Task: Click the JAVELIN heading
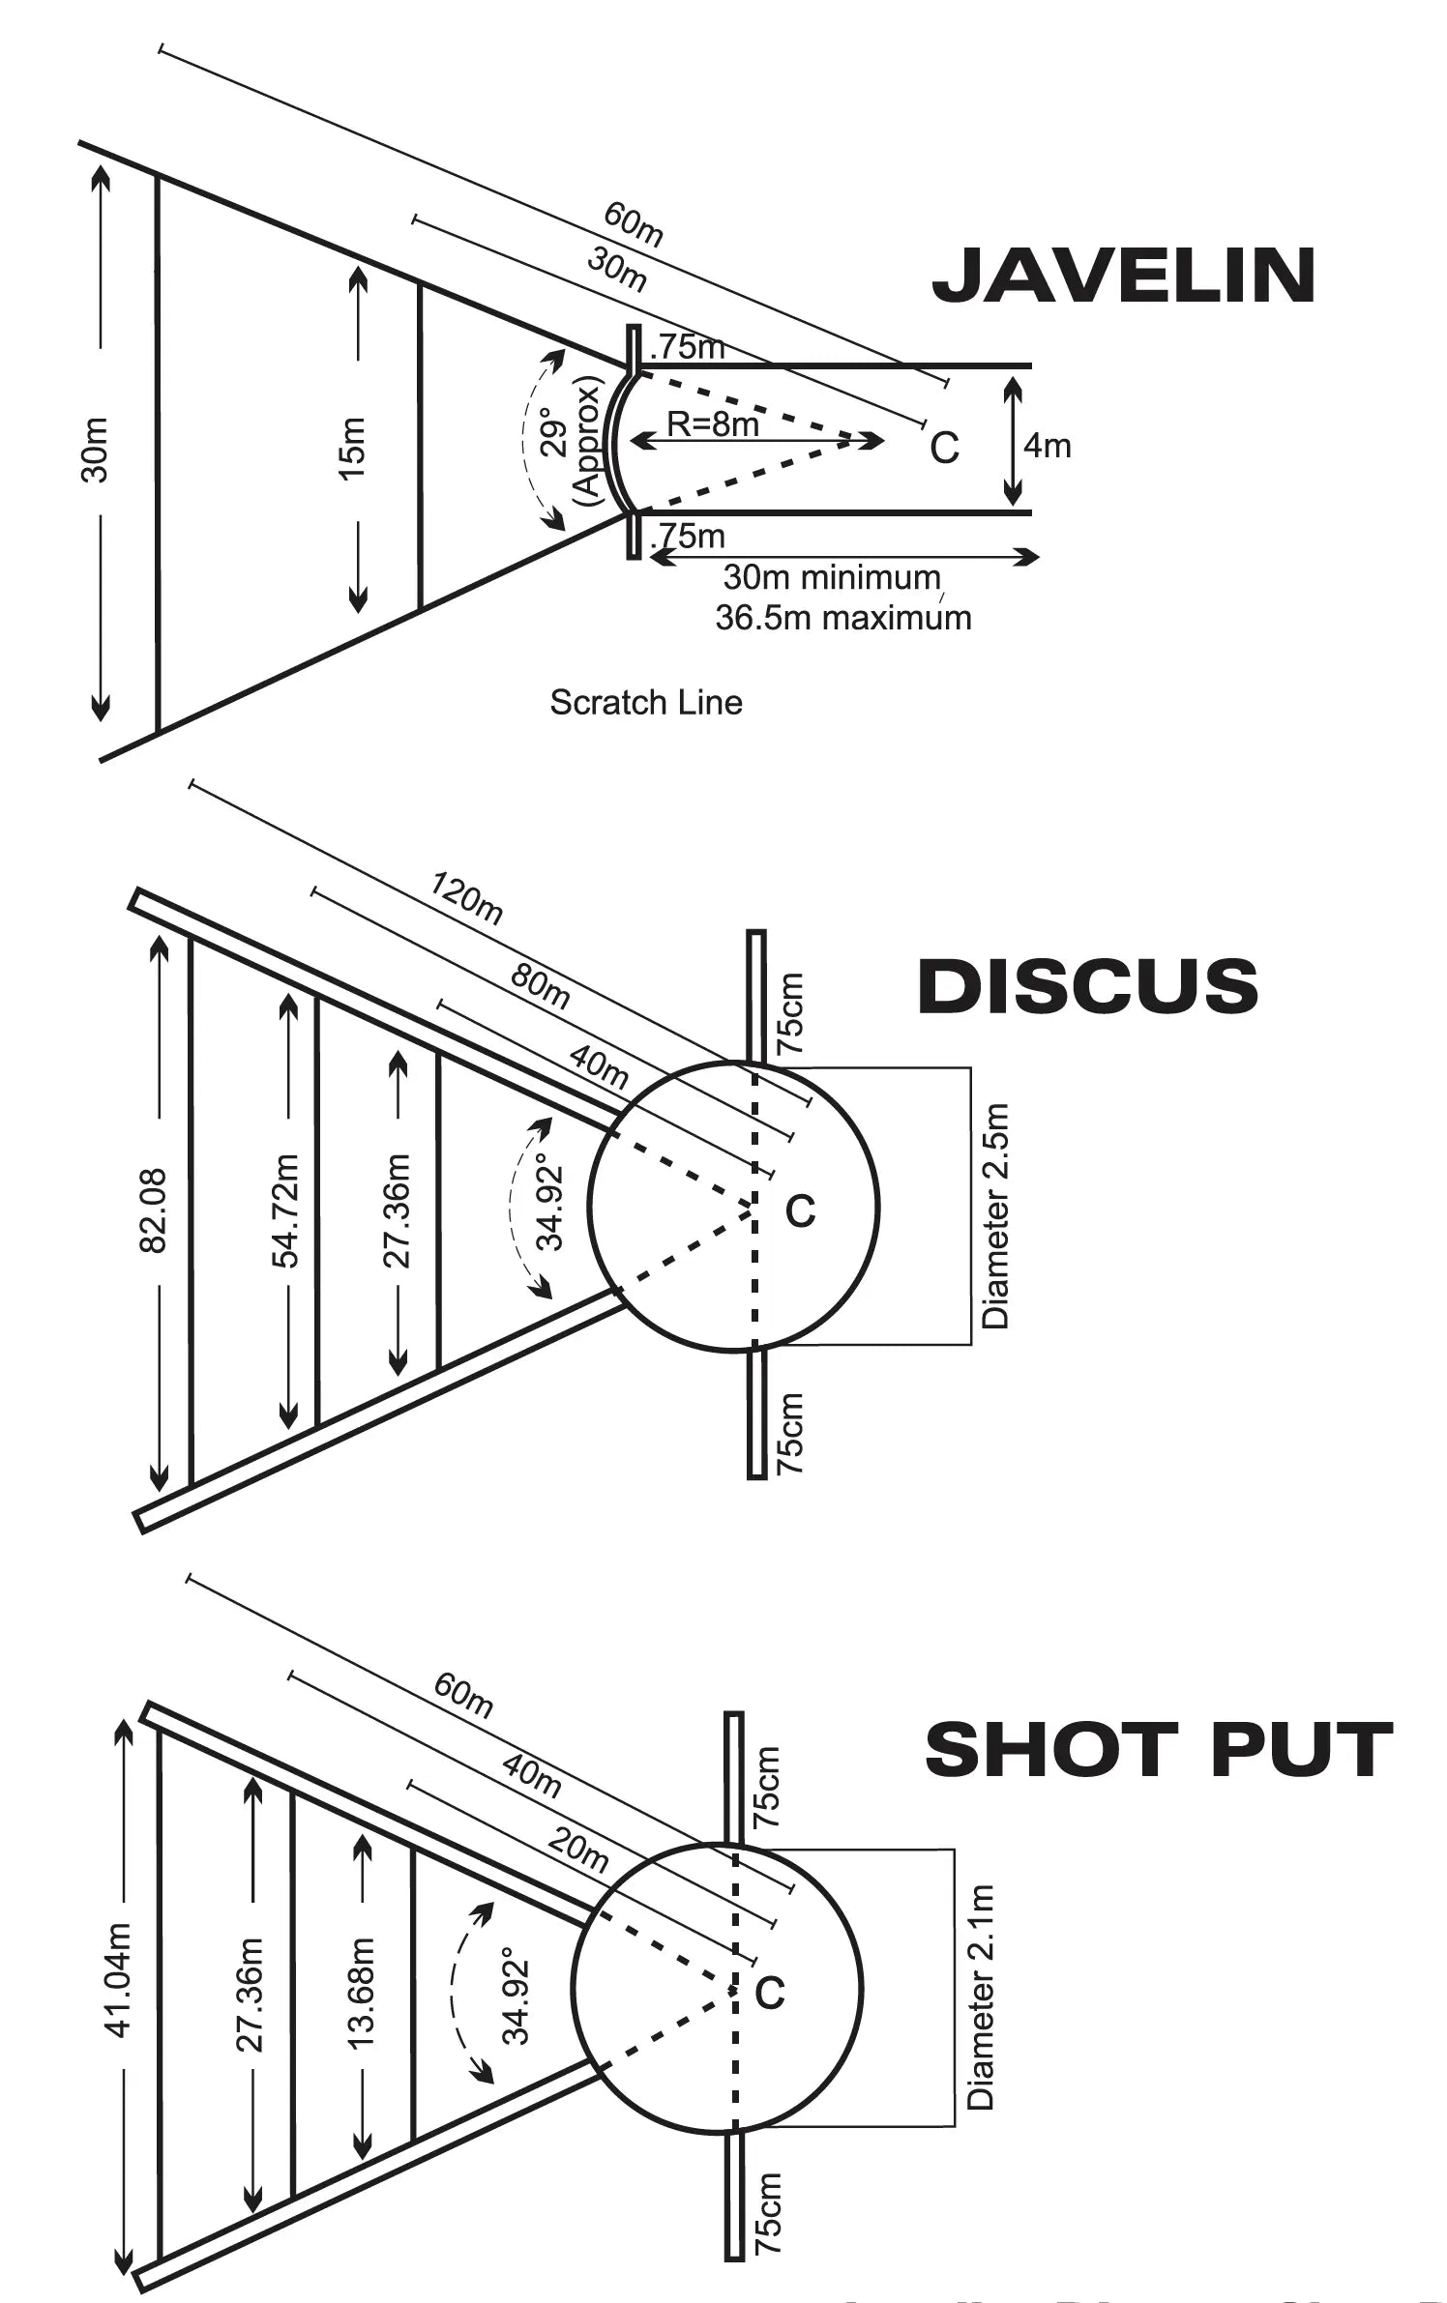(x=1123, y=276)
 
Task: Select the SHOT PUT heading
(x=1158, y=1750)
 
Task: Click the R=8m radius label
(x=712, y=423)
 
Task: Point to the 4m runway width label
(x=1048, y=446)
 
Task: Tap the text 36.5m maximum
(x=842, y=618)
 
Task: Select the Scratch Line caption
(x=646, y=702)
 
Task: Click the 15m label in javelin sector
(x=354, y=448)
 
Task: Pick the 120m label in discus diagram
(x=467, y=898)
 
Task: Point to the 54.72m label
(x=286, y=1210)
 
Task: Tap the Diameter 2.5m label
(x=995, y=1216)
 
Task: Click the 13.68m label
(x=361, y=1993)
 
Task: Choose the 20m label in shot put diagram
(x=577, y=1850)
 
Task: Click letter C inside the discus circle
(x=800, y=1210)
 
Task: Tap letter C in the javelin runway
(x=944, y=448)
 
